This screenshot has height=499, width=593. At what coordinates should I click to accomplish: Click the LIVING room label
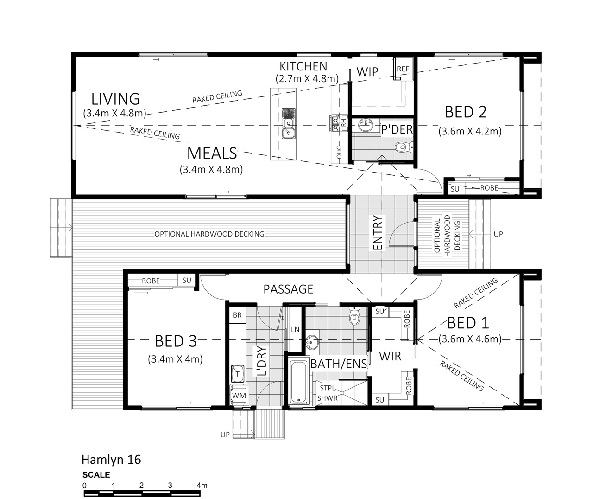point(115,99)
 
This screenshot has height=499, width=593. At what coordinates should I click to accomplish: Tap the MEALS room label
point(212,154)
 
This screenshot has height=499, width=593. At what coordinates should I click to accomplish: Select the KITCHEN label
point(303,66)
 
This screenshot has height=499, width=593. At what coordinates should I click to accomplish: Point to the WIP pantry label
point(367,72)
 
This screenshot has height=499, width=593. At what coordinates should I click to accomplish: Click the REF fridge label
point(403,69)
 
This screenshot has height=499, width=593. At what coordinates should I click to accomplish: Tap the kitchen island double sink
point(288,123)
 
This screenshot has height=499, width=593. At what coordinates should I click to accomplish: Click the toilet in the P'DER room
point(404,147)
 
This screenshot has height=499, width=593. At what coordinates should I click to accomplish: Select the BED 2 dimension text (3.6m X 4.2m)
point(470,131)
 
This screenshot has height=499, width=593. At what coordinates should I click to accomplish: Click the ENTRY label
point(378,233)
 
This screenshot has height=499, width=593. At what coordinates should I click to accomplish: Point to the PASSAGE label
point(288,289)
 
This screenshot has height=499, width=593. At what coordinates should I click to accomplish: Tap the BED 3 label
point(176,341)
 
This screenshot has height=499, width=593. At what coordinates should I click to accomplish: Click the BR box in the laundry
point(237,315)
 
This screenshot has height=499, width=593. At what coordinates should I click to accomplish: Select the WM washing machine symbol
point(239,395)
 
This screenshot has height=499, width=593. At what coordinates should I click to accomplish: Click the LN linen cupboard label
point(295,330)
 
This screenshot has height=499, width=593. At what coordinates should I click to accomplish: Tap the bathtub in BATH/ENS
point(299,381)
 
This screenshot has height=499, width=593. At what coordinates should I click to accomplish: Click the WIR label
point(390,356)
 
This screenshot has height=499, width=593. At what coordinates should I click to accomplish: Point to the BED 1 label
point(468,323)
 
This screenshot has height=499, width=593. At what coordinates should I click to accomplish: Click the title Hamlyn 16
point(111,460)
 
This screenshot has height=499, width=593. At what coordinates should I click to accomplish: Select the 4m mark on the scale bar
point(202,486)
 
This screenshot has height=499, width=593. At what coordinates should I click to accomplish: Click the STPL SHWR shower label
point(328,393)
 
